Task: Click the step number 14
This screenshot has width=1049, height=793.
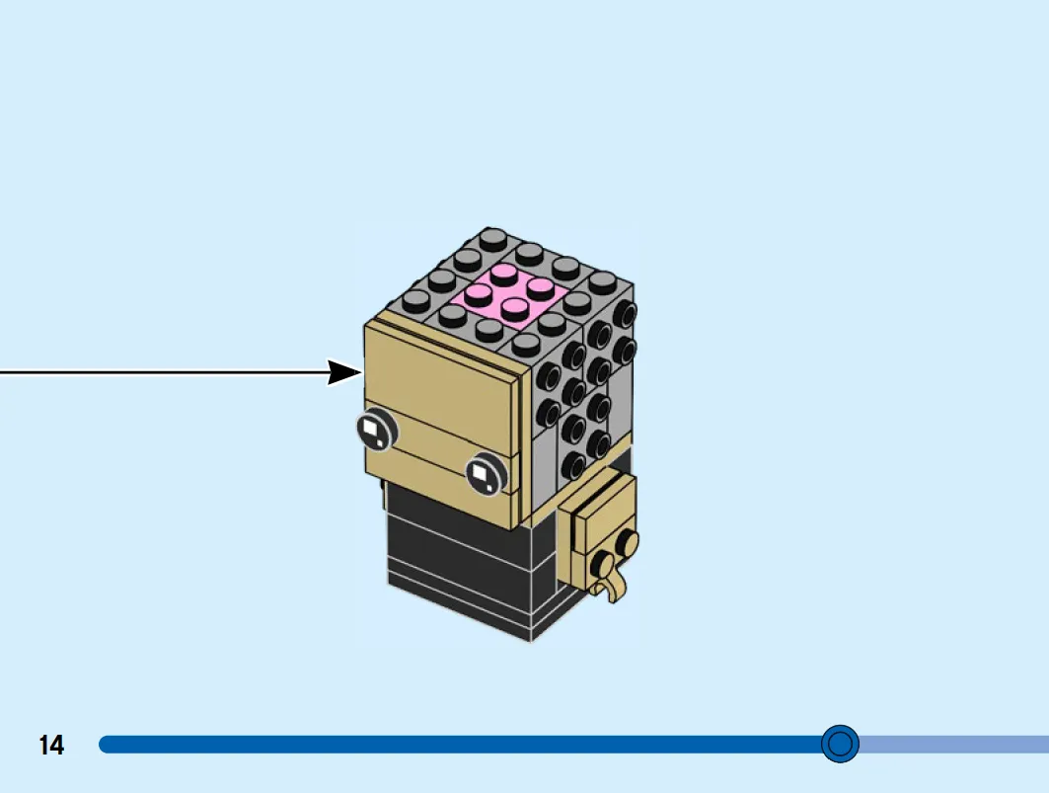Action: (x=51, y=745)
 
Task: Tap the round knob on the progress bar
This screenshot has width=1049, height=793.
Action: (x=840, y=744)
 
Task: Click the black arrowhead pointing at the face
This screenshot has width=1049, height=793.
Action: (x=344, y=372)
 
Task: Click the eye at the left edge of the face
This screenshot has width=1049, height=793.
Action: (x=377, y=430)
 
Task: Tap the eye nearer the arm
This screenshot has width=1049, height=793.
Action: (x=486, y=473)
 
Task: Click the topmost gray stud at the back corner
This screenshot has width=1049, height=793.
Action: (x=493, y=237)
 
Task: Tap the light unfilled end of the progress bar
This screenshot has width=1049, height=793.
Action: (x=953, y=744)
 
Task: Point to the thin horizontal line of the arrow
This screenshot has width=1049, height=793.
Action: (x=164, y=372)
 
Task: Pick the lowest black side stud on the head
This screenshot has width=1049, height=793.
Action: (x=574, y=464)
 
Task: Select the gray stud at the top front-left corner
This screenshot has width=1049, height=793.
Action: (x=416, y=302)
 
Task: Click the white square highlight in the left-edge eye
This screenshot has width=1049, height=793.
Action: (x=369, y=428)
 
